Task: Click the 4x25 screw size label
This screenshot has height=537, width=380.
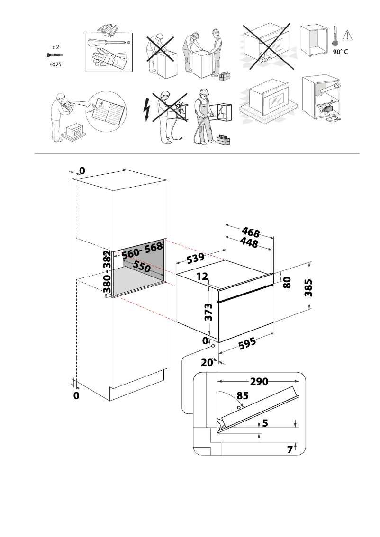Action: [56, 63]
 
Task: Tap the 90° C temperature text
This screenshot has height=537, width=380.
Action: [340, 52]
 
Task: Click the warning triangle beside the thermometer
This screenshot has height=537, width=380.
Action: [347, 35]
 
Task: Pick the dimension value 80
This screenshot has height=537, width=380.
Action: [287, 283]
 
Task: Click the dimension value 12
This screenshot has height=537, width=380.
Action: [202, 276]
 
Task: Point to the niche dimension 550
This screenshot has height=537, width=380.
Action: [141, 267]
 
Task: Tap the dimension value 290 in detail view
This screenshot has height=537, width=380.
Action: [259, 381]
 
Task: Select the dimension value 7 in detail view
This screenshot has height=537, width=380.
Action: [290, 450]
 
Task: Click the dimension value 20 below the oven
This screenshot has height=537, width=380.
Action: [207, 363]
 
